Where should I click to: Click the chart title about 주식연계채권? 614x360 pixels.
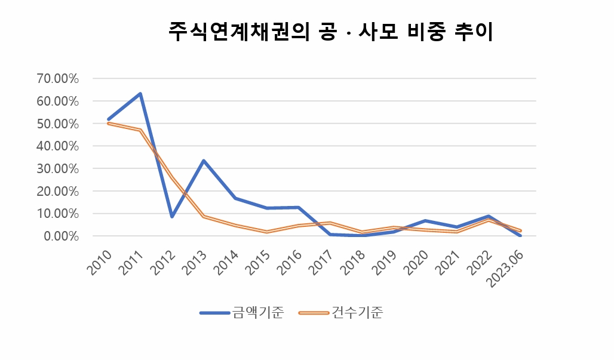click(x=330, y=32)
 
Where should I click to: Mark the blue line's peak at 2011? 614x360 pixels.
click(x=140, y=94)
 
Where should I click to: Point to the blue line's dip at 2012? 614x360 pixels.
click(x=172, y=216)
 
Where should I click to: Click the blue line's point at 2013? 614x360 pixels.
click(x=204, y=161)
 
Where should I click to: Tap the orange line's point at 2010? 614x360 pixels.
click(x=108, y=123)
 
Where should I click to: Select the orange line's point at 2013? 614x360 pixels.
click(x=204, y=216)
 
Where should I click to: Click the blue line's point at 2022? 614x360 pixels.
click(x=489, y=216)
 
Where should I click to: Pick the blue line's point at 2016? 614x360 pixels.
click(x=299, y=207)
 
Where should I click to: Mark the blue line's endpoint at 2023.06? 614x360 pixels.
click(x=520, y=235)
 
